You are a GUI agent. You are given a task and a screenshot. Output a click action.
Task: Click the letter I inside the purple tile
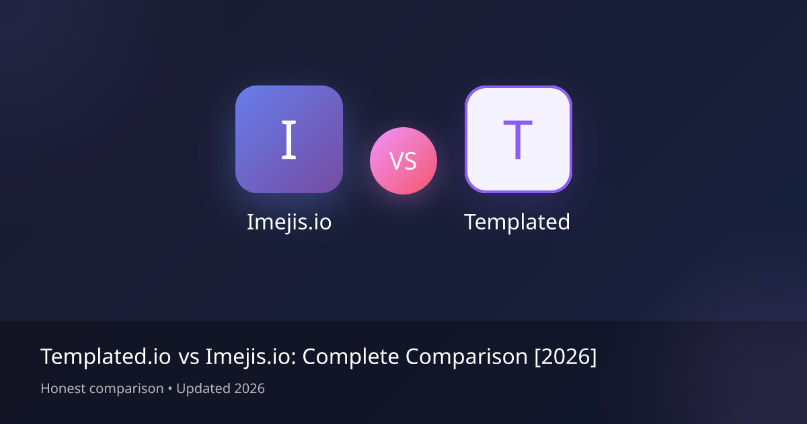pos(289,140)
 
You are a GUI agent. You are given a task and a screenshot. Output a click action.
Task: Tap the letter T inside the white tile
pos(517,140)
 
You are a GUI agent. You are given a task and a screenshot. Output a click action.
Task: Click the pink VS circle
pos(403,161)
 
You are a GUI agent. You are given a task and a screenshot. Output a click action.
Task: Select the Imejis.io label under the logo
pos(289,221)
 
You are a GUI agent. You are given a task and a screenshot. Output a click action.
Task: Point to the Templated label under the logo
pos(517,221)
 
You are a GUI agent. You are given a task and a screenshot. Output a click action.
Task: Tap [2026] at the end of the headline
pos(566,357)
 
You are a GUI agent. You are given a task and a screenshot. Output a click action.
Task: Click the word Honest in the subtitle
pos(63,388)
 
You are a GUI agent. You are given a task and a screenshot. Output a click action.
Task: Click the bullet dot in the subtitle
pos(170,388)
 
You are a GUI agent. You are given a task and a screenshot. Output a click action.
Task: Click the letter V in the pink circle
pos(396,162)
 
